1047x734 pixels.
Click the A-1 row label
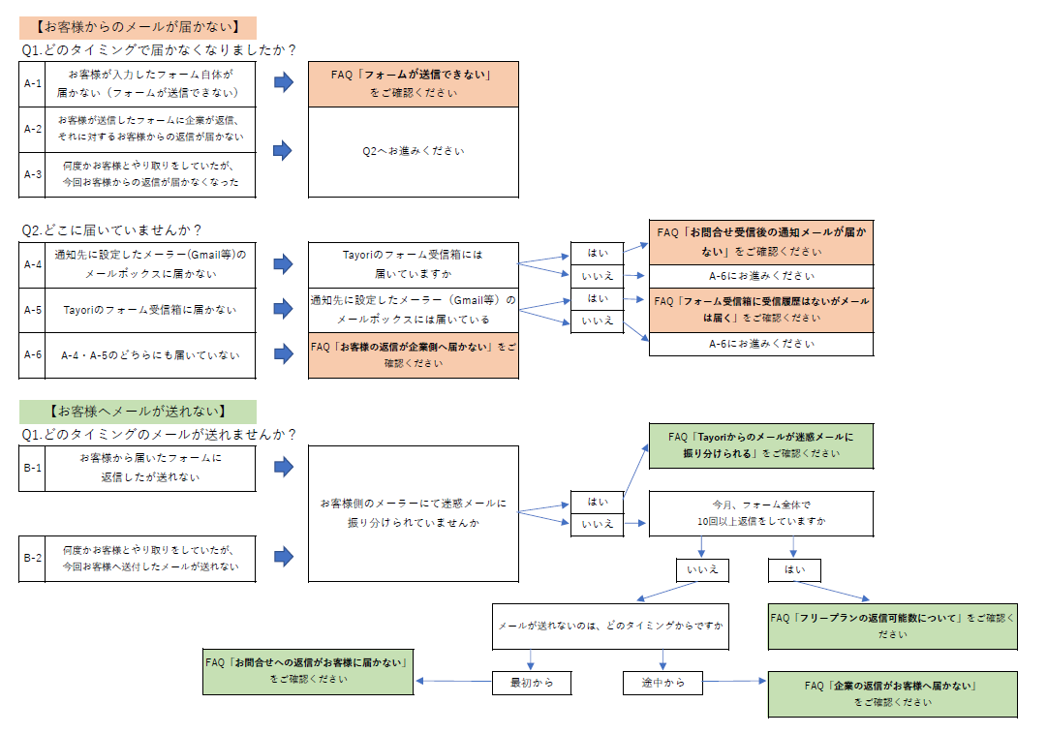click(x=32, y=84)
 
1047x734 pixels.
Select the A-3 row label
click(x=32, y=174)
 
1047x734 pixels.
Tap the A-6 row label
click(x=32, y=355)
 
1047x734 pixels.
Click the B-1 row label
click(x=32, y=468)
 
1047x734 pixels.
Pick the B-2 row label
click(x=32, y=558)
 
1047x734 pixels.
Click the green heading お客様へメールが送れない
click(x=138, y=412)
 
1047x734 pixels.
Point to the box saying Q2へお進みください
click(x=413, y=151)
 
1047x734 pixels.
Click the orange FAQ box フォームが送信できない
click(x=413, y=83)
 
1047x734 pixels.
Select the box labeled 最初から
click(x=531, y=683)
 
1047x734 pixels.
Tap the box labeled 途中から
click(x=662, y=683)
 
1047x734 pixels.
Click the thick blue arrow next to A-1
click(x=283, y=83)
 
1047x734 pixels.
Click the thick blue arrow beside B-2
click(x=283, y=557)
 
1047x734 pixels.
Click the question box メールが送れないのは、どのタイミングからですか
click(x=610, y=627)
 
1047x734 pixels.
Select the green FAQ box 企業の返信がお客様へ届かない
click(x=892, y=694)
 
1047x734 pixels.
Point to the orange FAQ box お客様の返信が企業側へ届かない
click(x=413, y=354)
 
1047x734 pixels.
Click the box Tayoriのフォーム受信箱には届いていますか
click(x=413, y=263)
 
